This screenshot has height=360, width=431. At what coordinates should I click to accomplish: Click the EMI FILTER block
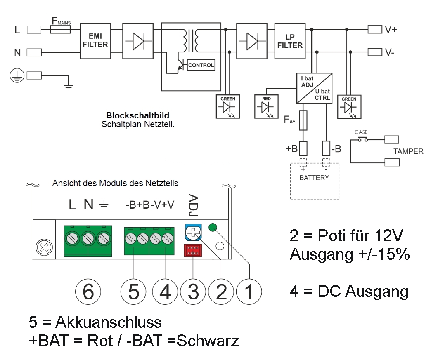95,40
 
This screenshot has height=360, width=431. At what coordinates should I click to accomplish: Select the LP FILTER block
290,40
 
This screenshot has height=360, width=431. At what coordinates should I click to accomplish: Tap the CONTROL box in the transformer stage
201,65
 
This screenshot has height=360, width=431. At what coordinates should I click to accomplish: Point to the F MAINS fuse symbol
60,30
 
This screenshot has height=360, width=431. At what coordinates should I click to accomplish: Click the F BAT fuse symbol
304,120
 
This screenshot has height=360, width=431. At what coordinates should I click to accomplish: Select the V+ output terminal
374,29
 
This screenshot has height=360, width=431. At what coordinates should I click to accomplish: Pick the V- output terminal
374,52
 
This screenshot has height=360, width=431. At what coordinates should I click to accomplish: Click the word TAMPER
408,151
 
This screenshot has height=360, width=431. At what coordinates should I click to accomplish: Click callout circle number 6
87,292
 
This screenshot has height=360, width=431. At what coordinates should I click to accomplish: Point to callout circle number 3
193,292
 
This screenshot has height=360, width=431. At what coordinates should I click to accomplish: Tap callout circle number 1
249,292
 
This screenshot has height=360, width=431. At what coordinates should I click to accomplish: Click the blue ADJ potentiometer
192,233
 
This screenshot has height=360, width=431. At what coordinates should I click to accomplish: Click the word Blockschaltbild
137,115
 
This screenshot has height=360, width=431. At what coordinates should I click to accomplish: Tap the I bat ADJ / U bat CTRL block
314,88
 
